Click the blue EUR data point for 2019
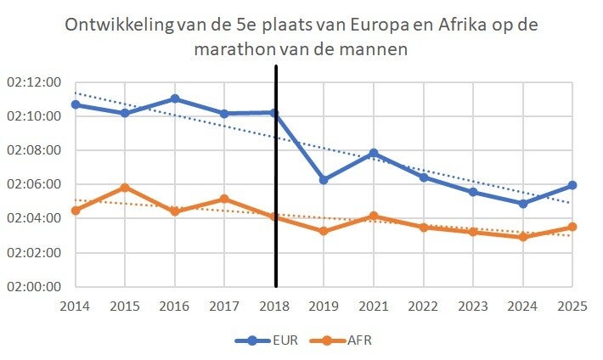pyautogui.click(x=324, y=180)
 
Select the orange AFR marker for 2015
pyautogui.click(x=125, y=188)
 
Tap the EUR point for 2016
pyautogui.click(x=175, y=98)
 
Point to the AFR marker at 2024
pyautogui.click(x=522, y=237)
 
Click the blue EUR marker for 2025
pyautogui.click(x=572, y=185)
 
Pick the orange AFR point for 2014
pyautogui.click(x=76, y=211)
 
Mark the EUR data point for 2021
pyautogui.click(x=373, y=154)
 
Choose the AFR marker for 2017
pyautogui.click(x=224, y=199)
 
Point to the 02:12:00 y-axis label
pyautogui.click(x=33, y=82)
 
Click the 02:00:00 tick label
pyautogui.click(x=33, y=286)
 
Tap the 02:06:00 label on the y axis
pyautogui.click(x=33, y=184)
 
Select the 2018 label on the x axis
pyautogui.click(x=274, y=304)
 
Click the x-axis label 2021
pyautogui.click(x=373, y=304)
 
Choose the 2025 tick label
pyautogui.click(x=572, y=304)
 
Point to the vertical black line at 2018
pyautogui.click(x=276, y=212)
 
